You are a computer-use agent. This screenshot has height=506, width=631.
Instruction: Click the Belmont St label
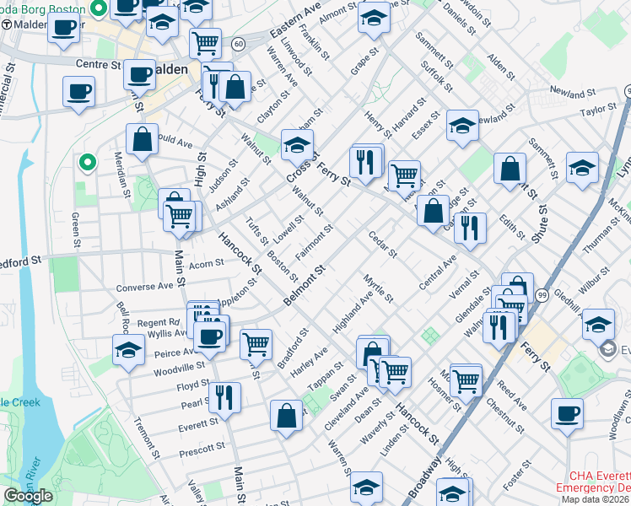point(305,285)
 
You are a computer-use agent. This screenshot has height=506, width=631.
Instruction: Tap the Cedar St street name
point(382,243)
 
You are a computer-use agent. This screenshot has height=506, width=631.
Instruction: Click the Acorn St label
point(206,263)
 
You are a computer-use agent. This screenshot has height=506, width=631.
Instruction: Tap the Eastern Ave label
point(296,19)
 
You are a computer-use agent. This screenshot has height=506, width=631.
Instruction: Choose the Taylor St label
point(598,110)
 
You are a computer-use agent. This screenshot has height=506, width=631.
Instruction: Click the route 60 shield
point(240,43)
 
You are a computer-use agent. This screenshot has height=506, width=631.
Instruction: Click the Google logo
point(28,496)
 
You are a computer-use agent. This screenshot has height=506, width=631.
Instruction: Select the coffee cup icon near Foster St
point(567,414)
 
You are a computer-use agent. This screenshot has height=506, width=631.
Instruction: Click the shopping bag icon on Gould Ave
point(143,139)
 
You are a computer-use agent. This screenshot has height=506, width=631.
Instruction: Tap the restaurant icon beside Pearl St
point(224,397)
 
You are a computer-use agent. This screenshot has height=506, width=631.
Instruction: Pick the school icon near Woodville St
point(128,350)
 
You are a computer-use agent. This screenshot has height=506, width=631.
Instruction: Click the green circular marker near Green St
point(85,162)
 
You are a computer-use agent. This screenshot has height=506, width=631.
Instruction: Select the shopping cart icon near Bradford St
point(256,343)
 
